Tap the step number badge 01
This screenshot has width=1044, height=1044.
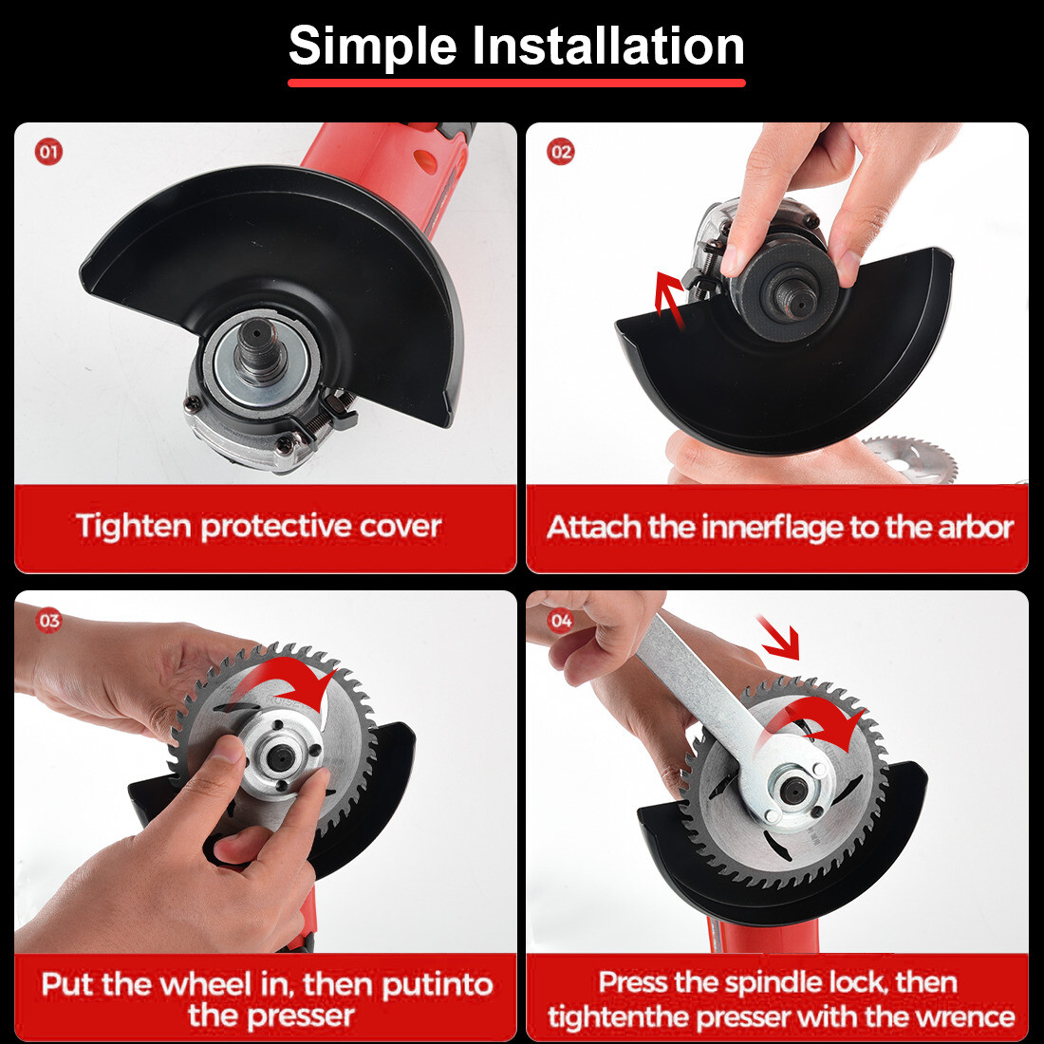[48, 152]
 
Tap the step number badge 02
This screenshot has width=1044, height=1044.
[561, 152]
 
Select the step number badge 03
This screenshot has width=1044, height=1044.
[48, 621]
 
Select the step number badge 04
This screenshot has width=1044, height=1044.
[561, 621]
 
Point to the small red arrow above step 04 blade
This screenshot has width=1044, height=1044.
[779, 638]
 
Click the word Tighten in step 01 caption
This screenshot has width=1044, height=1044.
[134, 527]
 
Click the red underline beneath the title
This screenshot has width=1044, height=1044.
[516, 84]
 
